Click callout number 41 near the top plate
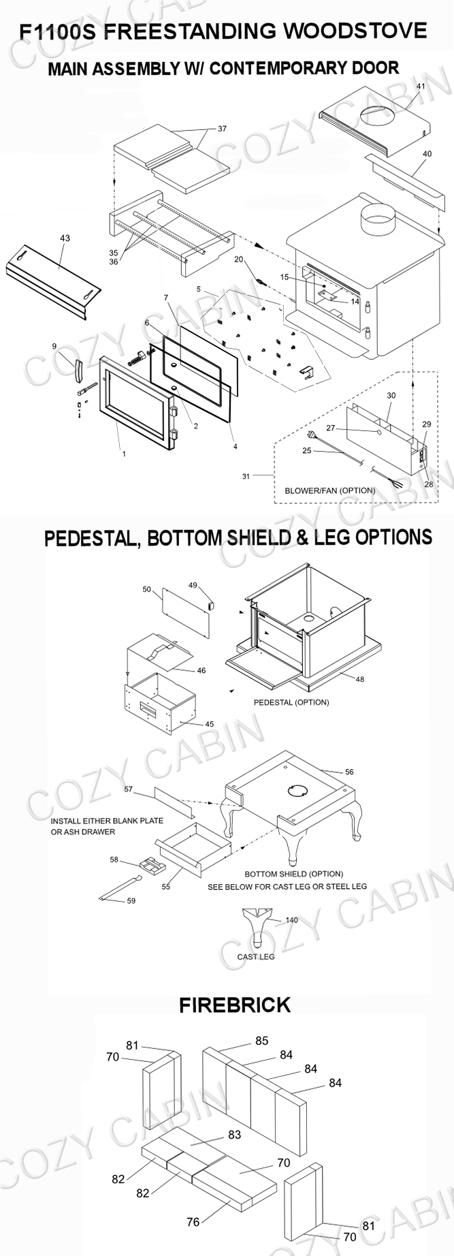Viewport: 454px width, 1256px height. [x=420, y=87]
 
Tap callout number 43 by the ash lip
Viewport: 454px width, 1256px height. [x=65, y=238]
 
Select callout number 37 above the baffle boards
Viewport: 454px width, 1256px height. [x=222, y=129]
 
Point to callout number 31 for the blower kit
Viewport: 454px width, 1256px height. [x=246, y=476]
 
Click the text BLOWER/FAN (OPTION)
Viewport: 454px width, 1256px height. [x=329, y=490]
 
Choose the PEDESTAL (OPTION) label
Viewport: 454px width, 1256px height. [x=291, y=702]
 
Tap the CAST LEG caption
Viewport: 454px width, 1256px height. [x=256, y=956]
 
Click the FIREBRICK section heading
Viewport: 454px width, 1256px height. [x=235, y=1005]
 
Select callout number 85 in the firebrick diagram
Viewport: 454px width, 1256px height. [x=262, y=1041]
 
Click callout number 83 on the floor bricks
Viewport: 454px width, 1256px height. [x=235, y=1135]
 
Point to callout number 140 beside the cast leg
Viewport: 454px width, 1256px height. [x=291, y=920]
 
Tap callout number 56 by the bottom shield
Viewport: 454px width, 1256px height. [x=349, y=772]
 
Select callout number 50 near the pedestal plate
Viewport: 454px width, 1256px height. [x=146, y=589]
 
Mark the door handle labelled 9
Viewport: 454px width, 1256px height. [x=76, y=368]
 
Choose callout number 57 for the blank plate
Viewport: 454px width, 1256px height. [x=128, y=789]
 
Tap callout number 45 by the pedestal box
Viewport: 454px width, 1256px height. [x=209, y=724]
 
